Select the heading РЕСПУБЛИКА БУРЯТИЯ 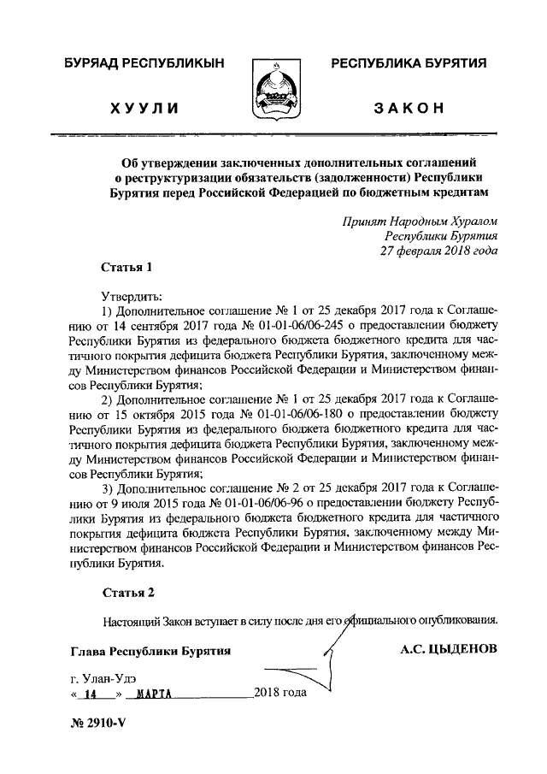pyautogui.click(x=409, y=63)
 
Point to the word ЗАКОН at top pyautogui.click(x=409, y=109)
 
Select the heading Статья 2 pyautogui.click(x=128, y=592)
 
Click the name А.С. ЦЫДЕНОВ pyautogui.click(x=448, y=649)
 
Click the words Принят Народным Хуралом pyautogui.click(x=418, y=219)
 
